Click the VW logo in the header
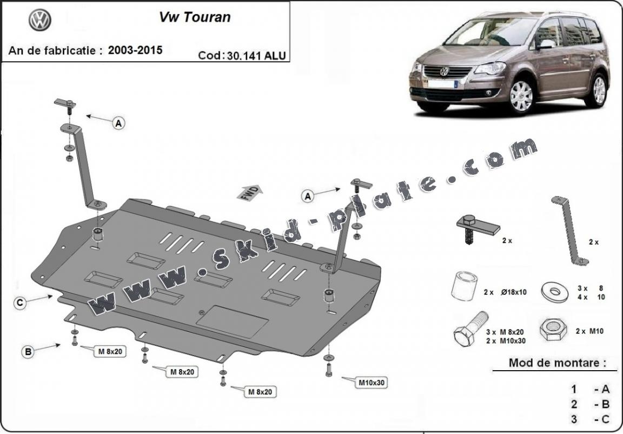[x=39, y=21]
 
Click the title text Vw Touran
[x=194, y=17]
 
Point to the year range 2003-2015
[x=135, y=50]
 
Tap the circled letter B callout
[x=27, y=352]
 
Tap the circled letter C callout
[x=19, y=303]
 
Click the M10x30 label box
[x=372, y=383]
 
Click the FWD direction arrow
[x=249, y=192]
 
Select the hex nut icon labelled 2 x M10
[x=553, y=330]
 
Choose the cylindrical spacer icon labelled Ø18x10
[x=464, y=286]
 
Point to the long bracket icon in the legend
[x=568, y=231]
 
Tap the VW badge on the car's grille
[x=444, y=71]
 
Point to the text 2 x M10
[x=589, y=331]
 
